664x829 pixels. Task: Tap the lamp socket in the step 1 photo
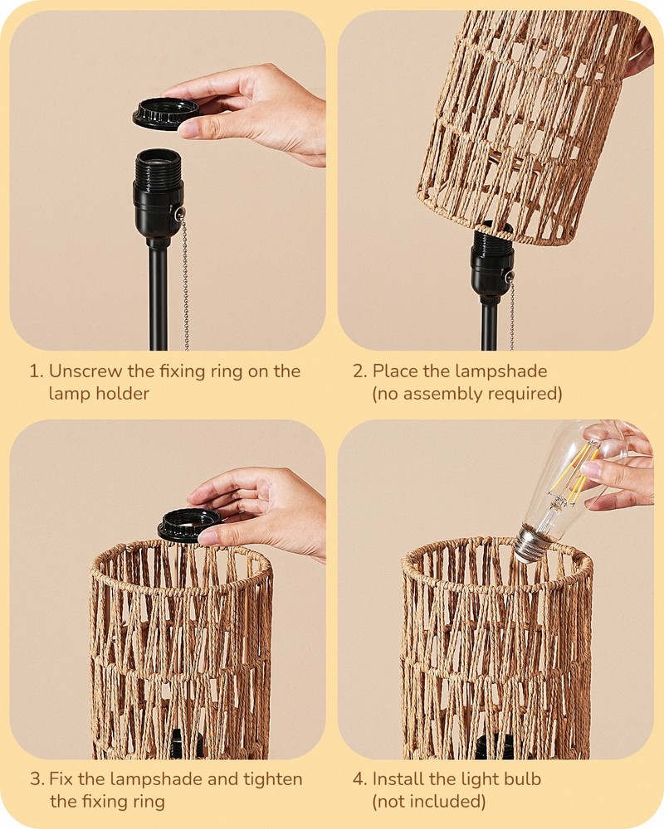pyautogui.click(x=158, y=191)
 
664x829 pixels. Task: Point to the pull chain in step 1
pyautogui.click(x=184, y=282)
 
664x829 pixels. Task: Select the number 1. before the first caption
pyautogui.click(x=36, y=371)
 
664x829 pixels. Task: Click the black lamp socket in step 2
pyautogui.click(x=491, y=265)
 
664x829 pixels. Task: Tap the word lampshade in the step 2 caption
pyautogui.click(x=505, y=371)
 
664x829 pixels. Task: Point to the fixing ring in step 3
pyautogui.click(x=189, y=524)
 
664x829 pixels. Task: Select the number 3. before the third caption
pyautogui.click(x=37, y=779)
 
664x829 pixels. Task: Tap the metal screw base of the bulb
pyautogui.click(x=530, y=543)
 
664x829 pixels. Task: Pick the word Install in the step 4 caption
pyautogui.click(x=400, y=779)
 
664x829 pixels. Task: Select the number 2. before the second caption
pyautogui.click(x=359, y=371)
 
